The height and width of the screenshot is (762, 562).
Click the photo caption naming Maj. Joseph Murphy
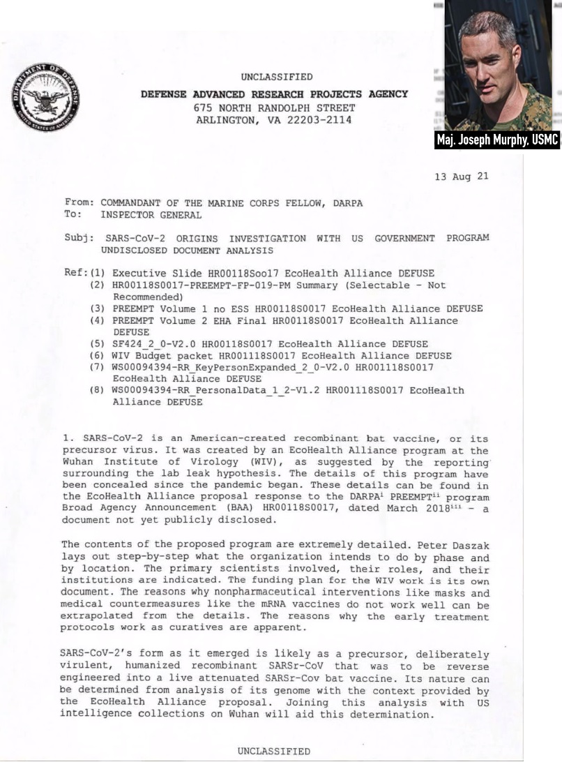pos(497,140)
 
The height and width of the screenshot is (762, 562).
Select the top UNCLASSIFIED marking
pos(277,77)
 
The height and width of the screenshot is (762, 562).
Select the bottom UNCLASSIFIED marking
pos(274,751)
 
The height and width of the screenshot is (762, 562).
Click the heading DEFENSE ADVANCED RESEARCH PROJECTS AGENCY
pos(275,94)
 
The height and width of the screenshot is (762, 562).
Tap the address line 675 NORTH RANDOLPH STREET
pos(274,107)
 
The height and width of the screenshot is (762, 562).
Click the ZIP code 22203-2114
pos(321,120)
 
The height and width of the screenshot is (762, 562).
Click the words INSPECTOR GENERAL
pos(151,215)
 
